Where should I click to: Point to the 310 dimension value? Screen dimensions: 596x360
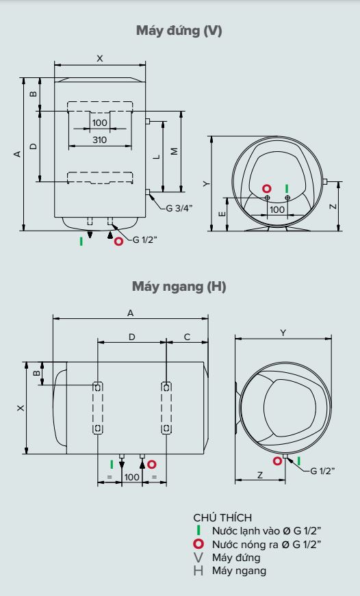100,140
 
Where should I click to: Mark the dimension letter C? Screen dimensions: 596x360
187,336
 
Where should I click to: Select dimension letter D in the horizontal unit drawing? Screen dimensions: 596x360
132,336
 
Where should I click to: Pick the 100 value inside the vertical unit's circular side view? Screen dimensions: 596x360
277,209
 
